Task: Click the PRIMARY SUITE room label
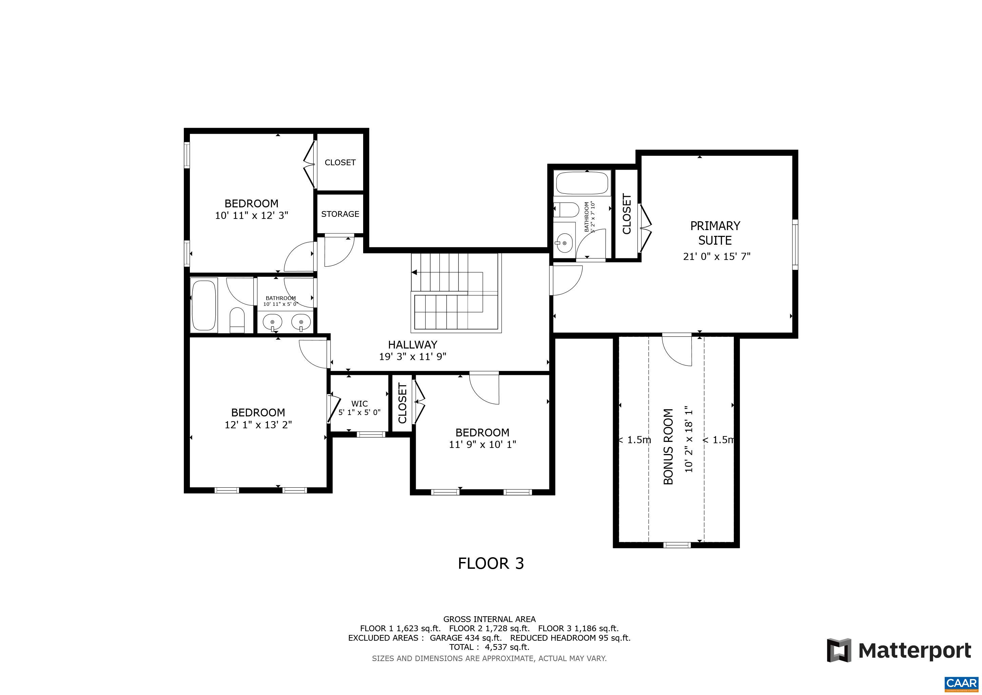coord(715,233)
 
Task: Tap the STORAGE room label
coord(340,214)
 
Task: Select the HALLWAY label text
coord(412,344)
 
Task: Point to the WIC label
coord(359,403)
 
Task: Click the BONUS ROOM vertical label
coord(668,446)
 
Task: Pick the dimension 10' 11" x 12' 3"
coord(252,215)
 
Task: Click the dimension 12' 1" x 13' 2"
coord(258,425)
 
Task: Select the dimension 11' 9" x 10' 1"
coord(483,444)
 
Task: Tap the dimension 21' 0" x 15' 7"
coord(717,256)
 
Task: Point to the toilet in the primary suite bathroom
coord(566,210)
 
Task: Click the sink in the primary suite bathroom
coord(564,243)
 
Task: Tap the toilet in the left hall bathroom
coord(237,320)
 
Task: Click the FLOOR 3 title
coord(491,563)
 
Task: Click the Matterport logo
coord(899,651)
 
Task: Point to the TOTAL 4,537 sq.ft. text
coord(489,647)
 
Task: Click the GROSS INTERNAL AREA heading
coord(489,619)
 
